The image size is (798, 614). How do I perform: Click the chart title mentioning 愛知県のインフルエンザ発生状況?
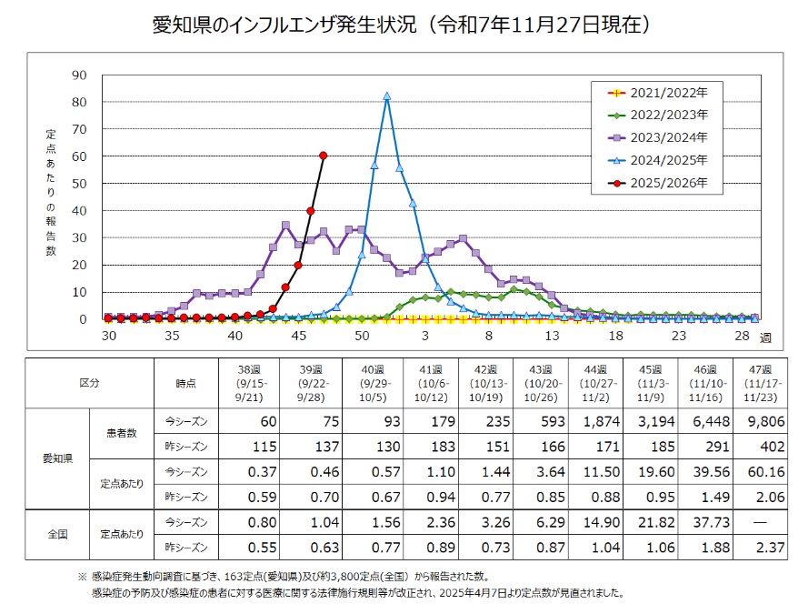click(400, 25)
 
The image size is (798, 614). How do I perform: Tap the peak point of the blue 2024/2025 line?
click(387, 96)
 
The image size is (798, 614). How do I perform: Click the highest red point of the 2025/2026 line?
click(324, 156)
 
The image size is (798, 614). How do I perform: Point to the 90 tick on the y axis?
click(80, 75)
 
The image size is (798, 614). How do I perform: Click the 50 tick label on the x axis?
click(362, 337)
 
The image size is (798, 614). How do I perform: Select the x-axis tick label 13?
click(552, 337)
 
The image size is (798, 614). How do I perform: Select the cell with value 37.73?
click(707, 521)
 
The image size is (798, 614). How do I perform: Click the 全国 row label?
click(58, 534)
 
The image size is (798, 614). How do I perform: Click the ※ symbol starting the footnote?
click(82, 578)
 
